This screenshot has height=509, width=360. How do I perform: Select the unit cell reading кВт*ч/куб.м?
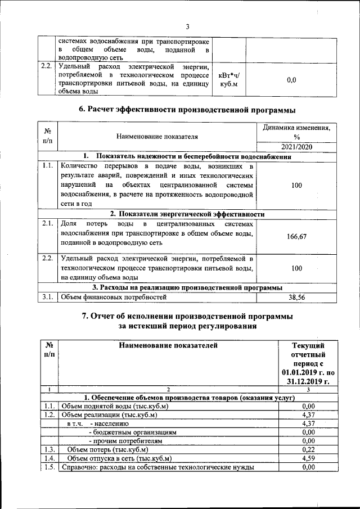pyautogui.click(x=229, y=79)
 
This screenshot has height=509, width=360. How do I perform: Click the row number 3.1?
pyautogui.click(x=47, y=297)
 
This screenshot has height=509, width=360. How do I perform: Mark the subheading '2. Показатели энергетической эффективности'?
pyautogui.click(x=187, y=214)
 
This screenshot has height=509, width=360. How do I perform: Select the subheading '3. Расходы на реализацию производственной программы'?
pyautogui.click(x=187, y=287)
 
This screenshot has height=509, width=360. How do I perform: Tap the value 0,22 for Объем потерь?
pyautogui.click(x=308, y=449)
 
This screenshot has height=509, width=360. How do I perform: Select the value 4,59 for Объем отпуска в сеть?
pyautogui.click(x=308, y=458)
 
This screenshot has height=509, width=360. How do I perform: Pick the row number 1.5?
pyautogui.click(x=49, y=467)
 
